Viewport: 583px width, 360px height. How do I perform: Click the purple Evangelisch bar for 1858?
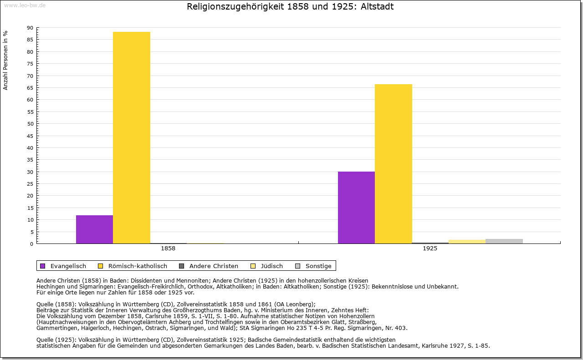pyautogui.click(x=94, y=229)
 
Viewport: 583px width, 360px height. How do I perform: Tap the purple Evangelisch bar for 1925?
pyautogui.click(x=356, y=208)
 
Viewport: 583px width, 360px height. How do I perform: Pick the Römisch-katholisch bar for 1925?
pyautogui.click(x=394, y=164)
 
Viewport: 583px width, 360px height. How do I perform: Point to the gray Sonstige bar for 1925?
pyautogui.click(x=504, y=241)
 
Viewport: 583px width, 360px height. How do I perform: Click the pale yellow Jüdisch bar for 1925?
pyautogui.click(x=467, y=242)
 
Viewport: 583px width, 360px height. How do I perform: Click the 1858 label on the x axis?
pyautogui.click(x=168, y=249)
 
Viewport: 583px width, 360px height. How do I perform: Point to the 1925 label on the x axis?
pyautogui.click(x=430, y=249)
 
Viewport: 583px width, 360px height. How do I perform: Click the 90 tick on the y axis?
pyautogui.click(x=30, y=28)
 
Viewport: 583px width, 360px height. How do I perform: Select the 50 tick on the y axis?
pyautogui.click(x=30, y=124)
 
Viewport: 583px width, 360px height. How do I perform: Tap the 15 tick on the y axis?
pyautogui.click(x=30, y=208)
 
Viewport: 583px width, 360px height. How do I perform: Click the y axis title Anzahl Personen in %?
pyautogui.click(x=5, y=61)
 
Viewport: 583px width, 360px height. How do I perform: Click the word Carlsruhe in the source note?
pyautogui.click(x=168, y=316)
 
